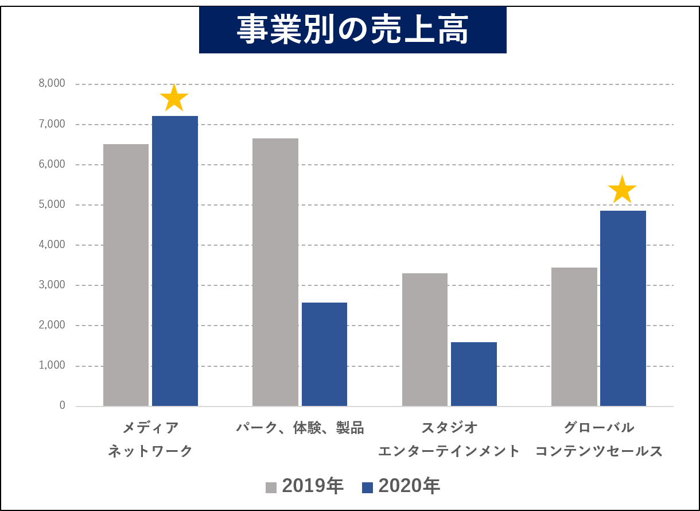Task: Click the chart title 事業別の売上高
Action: pos(352,30)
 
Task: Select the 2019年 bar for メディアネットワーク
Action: pos(126,275)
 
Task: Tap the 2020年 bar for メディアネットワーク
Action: pos(175,261)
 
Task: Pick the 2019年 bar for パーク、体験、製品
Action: pos(275,272)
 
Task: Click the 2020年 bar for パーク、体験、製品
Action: pos(324,354)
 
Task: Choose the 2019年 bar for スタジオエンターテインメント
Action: pos(425,339)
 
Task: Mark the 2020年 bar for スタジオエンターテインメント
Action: pos(474,374)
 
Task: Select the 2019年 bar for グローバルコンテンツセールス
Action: pos(574,337)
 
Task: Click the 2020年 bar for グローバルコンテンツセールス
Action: pos(623,308)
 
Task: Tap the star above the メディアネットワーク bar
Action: pos(174,99)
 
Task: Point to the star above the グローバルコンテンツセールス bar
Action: pos(622,190)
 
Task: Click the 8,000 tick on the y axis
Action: pos(52,84)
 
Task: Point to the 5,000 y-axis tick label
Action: pos(52,204)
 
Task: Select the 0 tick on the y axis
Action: pos(62,405)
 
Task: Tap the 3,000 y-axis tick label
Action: pos(52,285)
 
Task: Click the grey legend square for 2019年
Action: pos(271,487)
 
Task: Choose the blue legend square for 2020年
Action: pos(368,487)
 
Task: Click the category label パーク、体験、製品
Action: pos(300,428)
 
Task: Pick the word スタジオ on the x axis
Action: pos(449,428)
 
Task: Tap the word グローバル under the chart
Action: pos(598,428)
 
